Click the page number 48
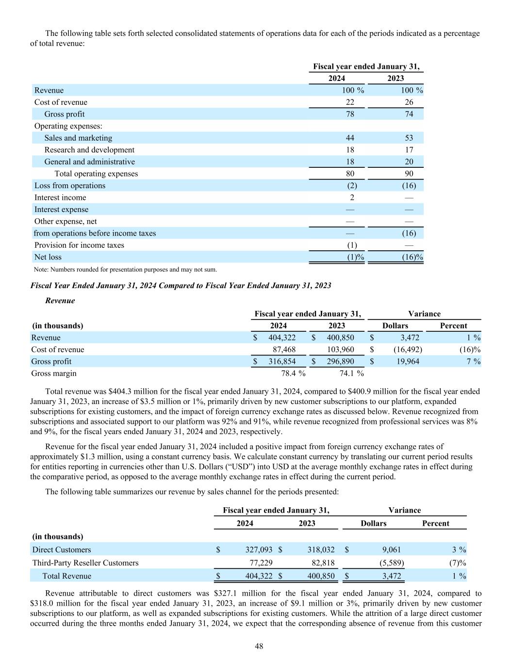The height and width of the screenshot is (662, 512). tap(259, 646)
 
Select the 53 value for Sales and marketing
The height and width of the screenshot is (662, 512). tap(409, 138)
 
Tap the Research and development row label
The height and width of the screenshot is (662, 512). tap(89, 150)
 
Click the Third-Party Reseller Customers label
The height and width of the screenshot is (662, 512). tap(85, 563)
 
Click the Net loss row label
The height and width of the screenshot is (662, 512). tap(48, 257)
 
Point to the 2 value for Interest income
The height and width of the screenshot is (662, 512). tap(352, 197)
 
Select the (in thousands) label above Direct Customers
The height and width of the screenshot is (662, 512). tap(58, 536)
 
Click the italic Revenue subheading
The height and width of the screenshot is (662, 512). tap(60, 301)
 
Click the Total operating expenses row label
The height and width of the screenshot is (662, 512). tap(96, 174)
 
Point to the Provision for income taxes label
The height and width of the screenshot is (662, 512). tap(79, 245)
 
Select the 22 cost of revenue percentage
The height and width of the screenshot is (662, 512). tap(349, 102)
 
